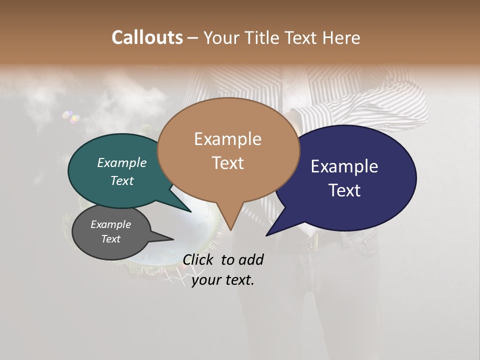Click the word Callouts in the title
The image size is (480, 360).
pos(147,37)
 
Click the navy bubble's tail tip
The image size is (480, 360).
pos(266,235)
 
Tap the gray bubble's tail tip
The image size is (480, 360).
pos(173,238)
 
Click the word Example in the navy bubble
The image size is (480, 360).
pos(344,166)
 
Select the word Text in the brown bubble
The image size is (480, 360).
pos(228,163)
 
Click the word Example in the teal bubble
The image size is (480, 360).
pos(122,163)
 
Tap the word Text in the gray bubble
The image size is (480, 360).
pos(111,239)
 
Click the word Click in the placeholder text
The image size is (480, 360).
pos(198,260)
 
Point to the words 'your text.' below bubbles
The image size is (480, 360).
pos(223,280)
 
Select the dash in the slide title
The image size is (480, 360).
pos(193,38)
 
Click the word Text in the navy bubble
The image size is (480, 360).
pos(345,190)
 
